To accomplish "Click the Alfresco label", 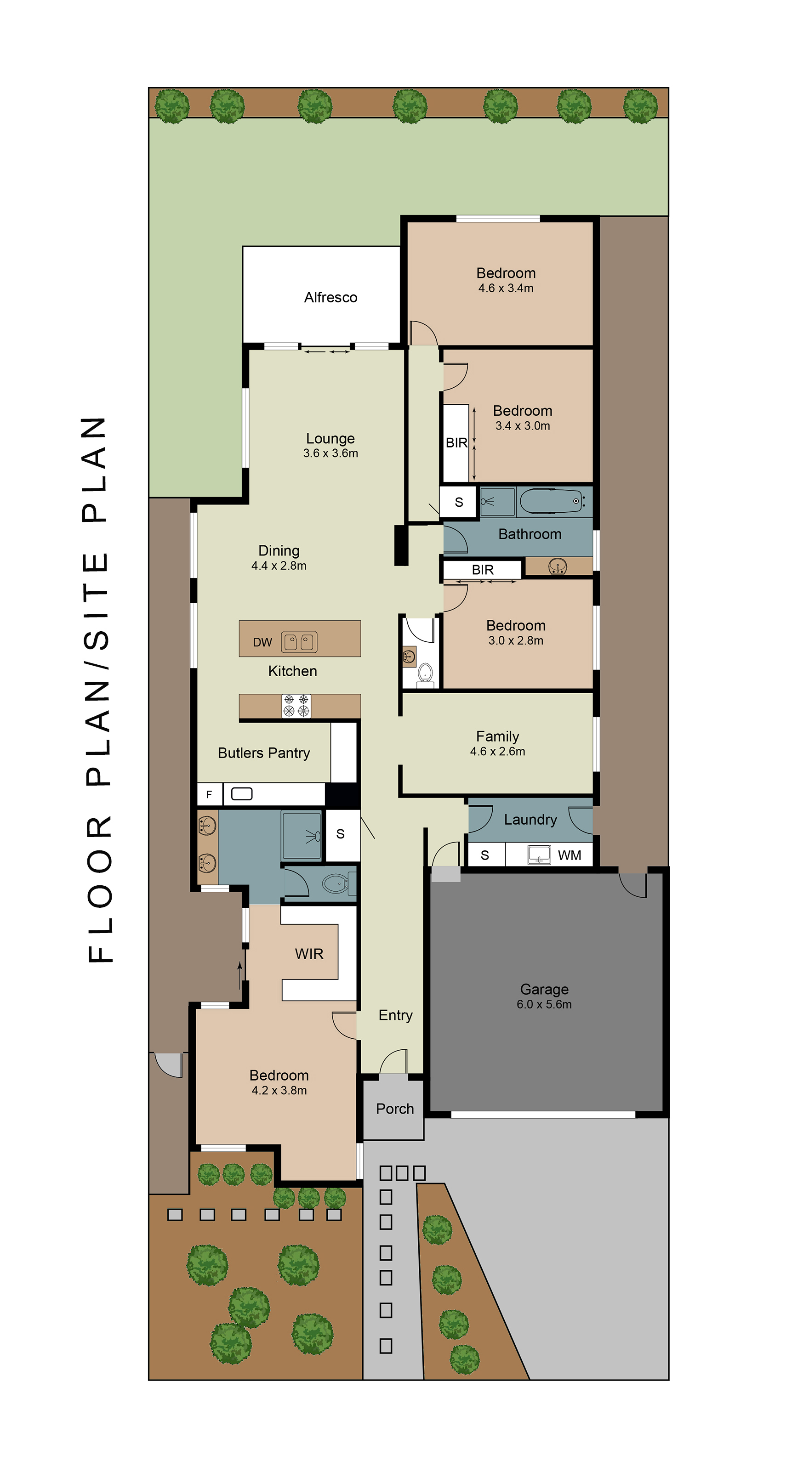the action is [x=330, y=297].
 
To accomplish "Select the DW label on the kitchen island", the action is [x=262, y=642].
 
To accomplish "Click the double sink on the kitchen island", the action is [x=299, y=642].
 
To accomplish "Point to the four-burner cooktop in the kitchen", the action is [x=296, y=706].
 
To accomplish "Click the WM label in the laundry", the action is [x=570, y=855].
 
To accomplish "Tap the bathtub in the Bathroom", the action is [x=553, y=501].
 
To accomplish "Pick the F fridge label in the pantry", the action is [x=209, y=794].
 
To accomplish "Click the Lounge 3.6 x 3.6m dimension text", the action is [x=330, y=453].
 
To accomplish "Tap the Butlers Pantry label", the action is [x=264, y=753].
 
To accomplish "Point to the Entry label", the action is [x=396, y=1015].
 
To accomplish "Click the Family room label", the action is [x=497, y=736].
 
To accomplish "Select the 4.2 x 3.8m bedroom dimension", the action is [x=279, y=1090].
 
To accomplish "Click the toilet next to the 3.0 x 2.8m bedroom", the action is [x=425, y=674].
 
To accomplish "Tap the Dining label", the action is [x=279, y=551].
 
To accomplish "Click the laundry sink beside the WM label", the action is [x=539, y=855].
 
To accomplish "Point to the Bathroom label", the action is [x=530, y=534].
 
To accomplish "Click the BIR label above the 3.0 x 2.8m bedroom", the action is [x=483, y=570].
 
